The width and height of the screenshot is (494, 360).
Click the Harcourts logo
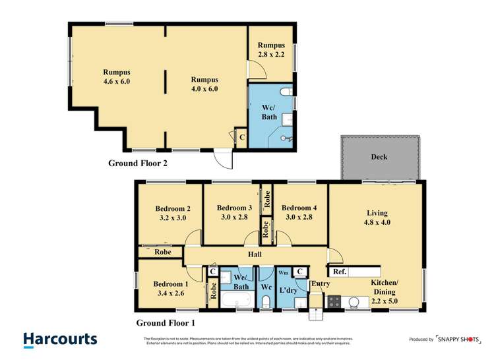click(60, 340)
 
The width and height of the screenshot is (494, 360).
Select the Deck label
click(379, 157)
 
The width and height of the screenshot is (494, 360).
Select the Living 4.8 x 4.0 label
click(377, 218)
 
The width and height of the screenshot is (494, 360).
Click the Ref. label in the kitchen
click(340, 272)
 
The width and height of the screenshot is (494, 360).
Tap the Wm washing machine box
click(283, 272)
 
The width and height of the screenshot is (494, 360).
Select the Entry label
click(321, 284)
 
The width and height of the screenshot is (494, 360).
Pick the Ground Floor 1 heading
click(165, 323)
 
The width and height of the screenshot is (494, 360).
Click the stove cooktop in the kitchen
click(334, 301)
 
